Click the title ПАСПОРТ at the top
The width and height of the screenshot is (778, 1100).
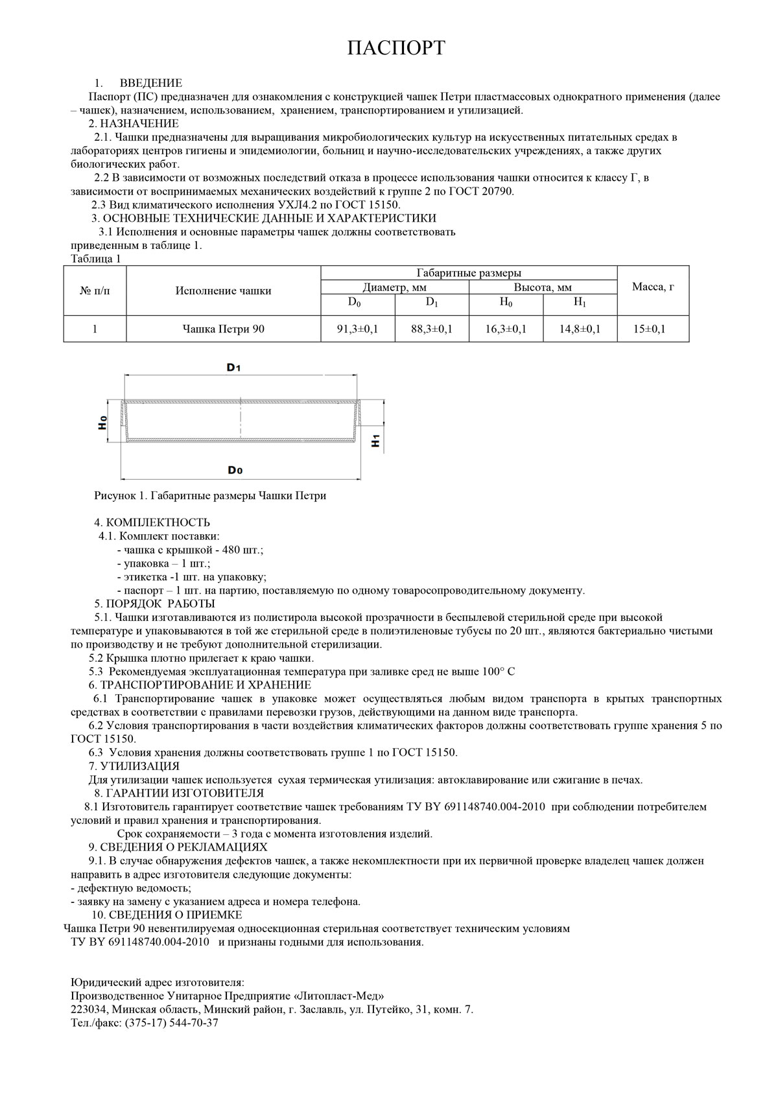(395, 49)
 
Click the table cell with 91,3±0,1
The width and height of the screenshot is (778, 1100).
(357, 329)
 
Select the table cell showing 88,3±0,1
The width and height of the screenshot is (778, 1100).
(431, 329)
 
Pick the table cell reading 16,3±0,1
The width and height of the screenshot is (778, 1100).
(506, 329)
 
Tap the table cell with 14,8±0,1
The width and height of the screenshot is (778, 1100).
(580, 329)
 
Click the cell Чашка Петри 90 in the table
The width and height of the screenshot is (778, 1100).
(223, 329)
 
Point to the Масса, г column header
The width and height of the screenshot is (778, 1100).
(653, 287)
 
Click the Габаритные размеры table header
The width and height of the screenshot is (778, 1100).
(469, 273)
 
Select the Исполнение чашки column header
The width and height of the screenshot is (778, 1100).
(223, 291)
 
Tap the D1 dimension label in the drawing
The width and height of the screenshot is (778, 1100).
(234, 368)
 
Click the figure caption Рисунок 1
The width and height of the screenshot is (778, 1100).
(210, 496)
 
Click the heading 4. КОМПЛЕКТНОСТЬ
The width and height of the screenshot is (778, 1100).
(152, 522)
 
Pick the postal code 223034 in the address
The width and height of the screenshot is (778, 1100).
(88, 1009)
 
